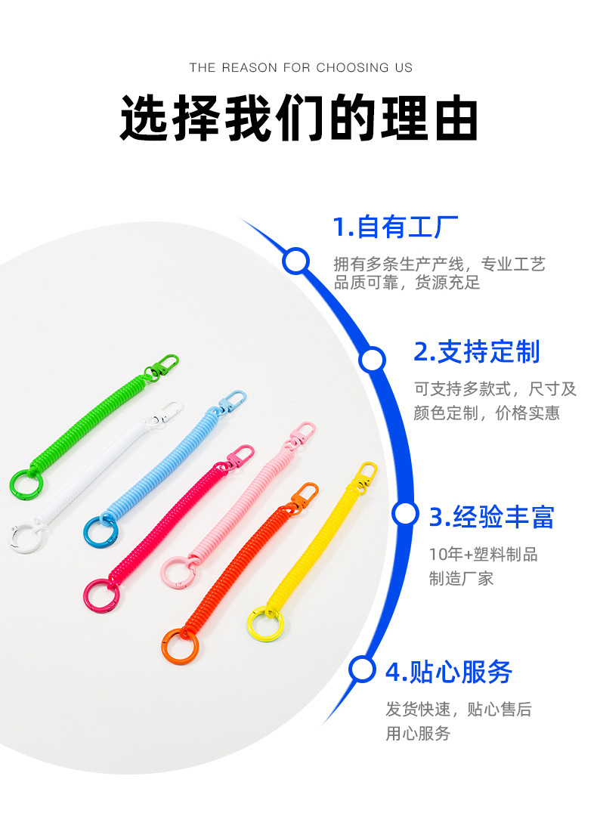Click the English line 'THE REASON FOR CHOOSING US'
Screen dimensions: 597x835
pos(301,68)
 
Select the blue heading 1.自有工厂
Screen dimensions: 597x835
pos(396,227)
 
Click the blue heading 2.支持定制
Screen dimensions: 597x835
pos(477,352)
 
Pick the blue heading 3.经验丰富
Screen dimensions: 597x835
pos(492,518)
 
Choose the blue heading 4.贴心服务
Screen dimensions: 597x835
pos(448,672)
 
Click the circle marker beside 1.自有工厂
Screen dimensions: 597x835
pos(295,261)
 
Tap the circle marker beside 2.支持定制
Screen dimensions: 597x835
pos(372,360)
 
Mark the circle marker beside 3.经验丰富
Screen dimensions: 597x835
pos(405,515)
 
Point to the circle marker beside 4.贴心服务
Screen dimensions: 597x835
pos(363,669)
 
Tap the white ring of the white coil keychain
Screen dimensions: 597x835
pos(23,537)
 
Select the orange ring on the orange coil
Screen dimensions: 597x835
pos(179,645)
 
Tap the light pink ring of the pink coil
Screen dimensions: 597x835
pos(178,572)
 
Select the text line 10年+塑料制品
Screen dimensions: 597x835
pos(483,555)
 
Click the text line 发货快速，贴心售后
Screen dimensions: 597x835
pos(459,710)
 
